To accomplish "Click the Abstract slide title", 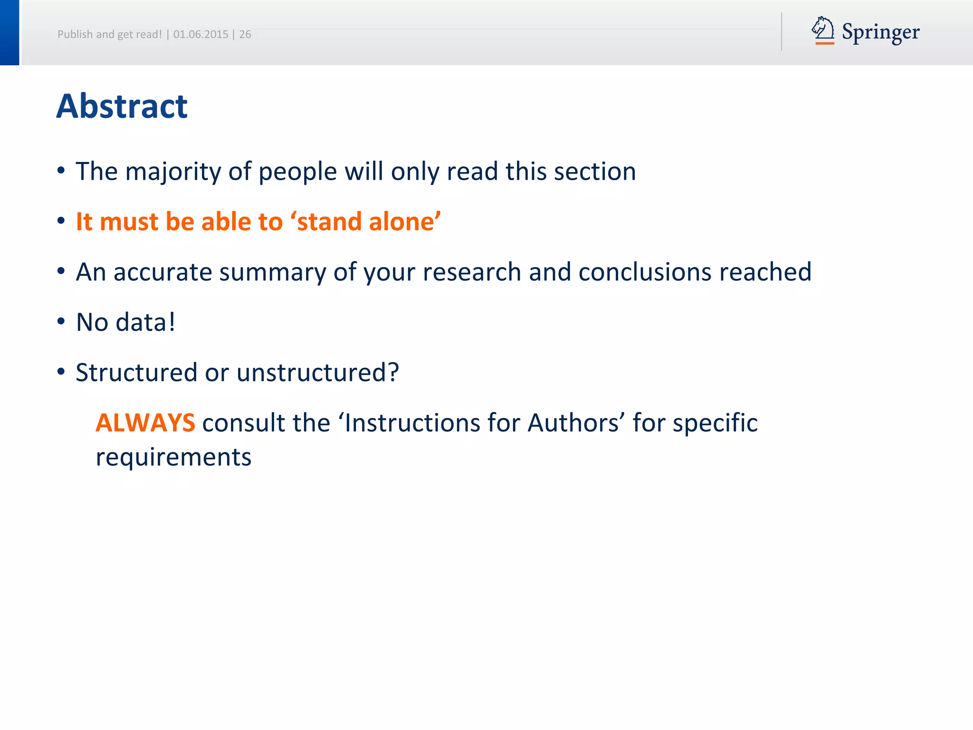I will [x=122, y=106].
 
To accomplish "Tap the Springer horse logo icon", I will [x=823, y=30].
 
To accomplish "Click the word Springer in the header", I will [x=880, y=32].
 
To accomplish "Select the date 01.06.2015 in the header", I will [x=200, y=34].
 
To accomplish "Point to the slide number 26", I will [x=245, y=34].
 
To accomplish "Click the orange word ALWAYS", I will [x=145, y=423].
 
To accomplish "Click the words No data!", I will [x=126, y=322].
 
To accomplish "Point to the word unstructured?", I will [x=317, y=373].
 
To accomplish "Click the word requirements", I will [x=173, y=457].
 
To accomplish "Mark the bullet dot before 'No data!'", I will [x=61, y=322].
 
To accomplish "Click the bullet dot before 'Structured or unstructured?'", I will [x=61, y=372].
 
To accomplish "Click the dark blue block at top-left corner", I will [x=10, y=32].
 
